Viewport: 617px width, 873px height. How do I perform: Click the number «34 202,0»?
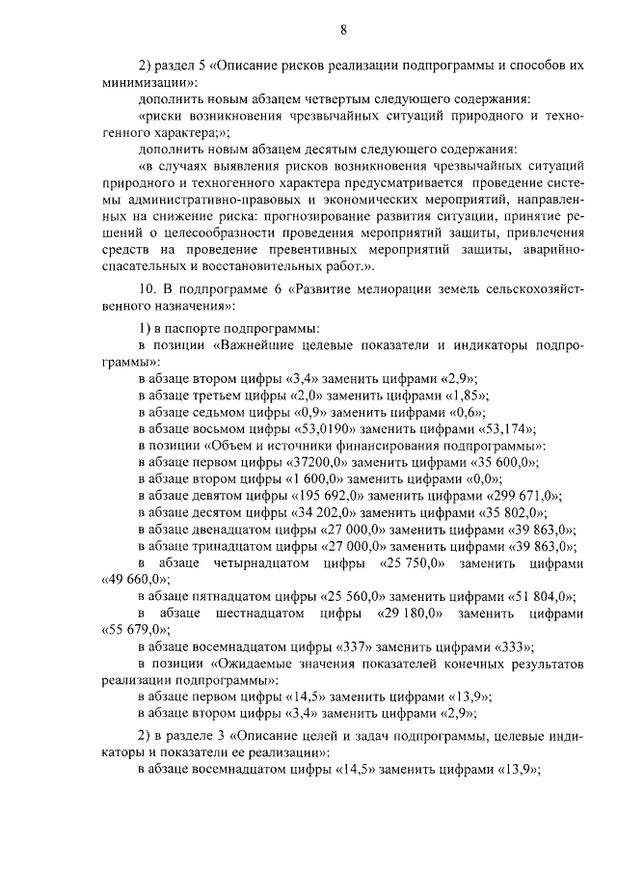[x=326, y=512]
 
